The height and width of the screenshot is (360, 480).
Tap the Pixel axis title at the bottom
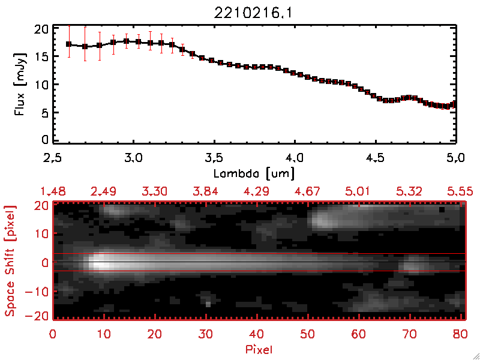click(259, 349)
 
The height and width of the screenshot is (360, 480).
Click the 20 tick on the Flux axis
click(42, 28)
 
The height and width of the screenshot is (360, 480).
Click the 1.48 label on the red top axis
click(53, 191)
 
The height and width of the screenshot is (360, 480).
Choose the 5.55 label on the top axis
click(460, 191)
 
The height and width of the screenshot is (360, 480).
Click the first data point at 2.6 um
click(69, 44)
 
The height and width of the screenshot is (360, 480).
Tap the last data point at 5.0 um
click(455, 104)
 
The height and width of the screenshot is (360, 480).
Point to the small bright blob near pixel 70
click(412, 265)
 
